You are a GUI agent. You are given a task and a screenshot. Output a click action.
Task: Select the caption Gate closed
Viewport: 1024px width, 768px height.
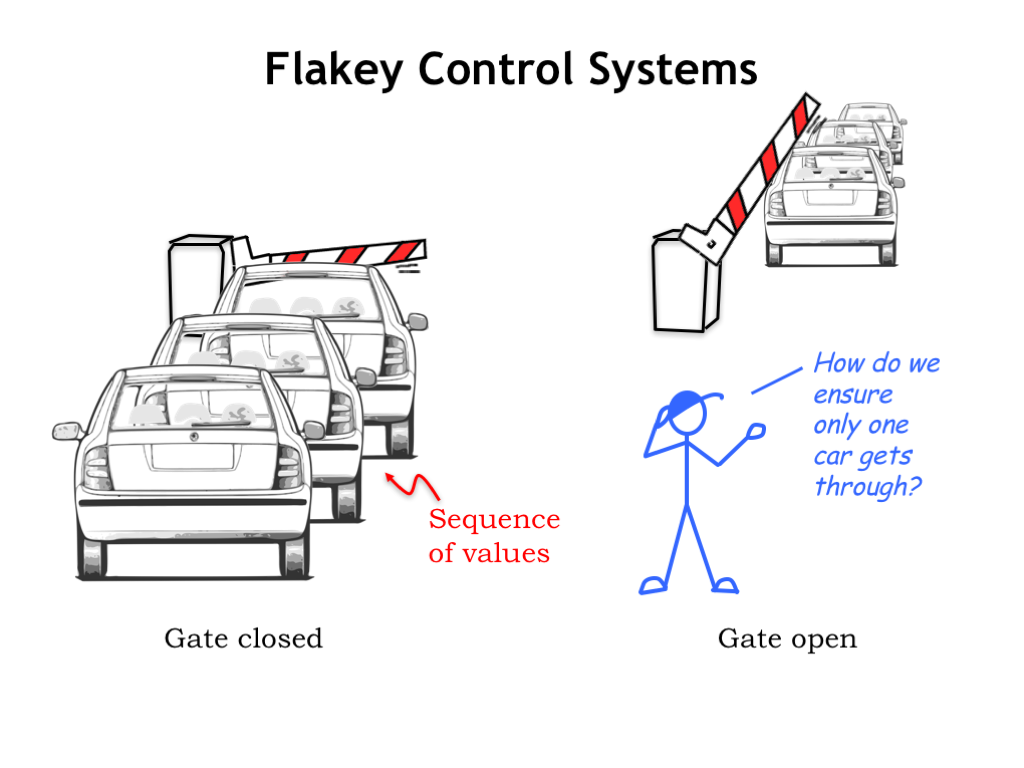(x=243, y=638)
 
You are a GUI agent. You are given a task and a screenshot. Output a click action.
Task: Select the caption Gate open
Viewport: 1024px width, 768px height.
(x=787, y=638)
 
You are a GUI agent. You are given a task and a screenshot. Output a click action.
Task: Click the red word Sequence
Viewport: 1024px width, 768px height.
(x=494, y=519)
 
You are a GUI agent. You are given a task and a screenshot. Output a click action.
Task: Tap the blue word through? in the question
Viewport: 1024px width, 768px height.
(x=868, y=487)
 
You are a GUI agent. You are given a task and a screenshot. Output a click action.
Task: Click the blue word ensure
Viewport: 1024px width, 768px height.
(x=853, y=394)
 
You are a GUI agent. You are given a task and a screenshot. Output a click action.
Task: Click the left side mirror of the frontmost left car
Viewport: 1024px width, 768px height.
(x=67, y=431)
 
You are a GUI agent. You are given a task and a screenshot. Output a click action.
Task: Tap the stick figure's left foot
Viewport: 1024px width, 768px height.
(x=655, y=583)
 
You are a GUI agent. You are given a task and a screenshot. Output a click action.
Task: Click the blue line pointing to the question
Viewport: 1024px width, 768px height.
(x=776, y=379)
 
